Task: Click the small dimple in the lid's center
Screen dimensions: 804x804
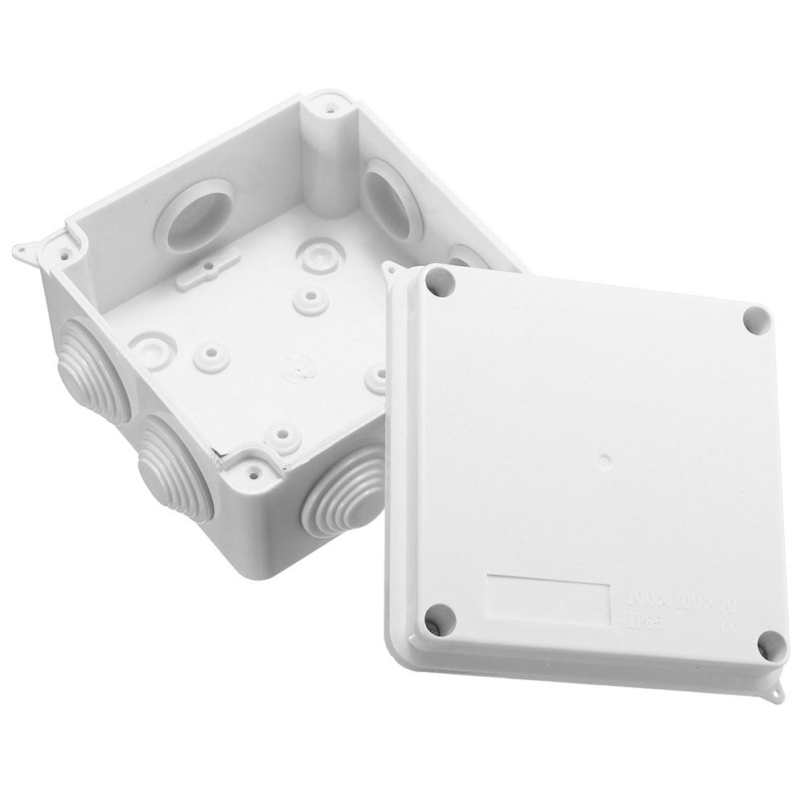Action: click(605, 461)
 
